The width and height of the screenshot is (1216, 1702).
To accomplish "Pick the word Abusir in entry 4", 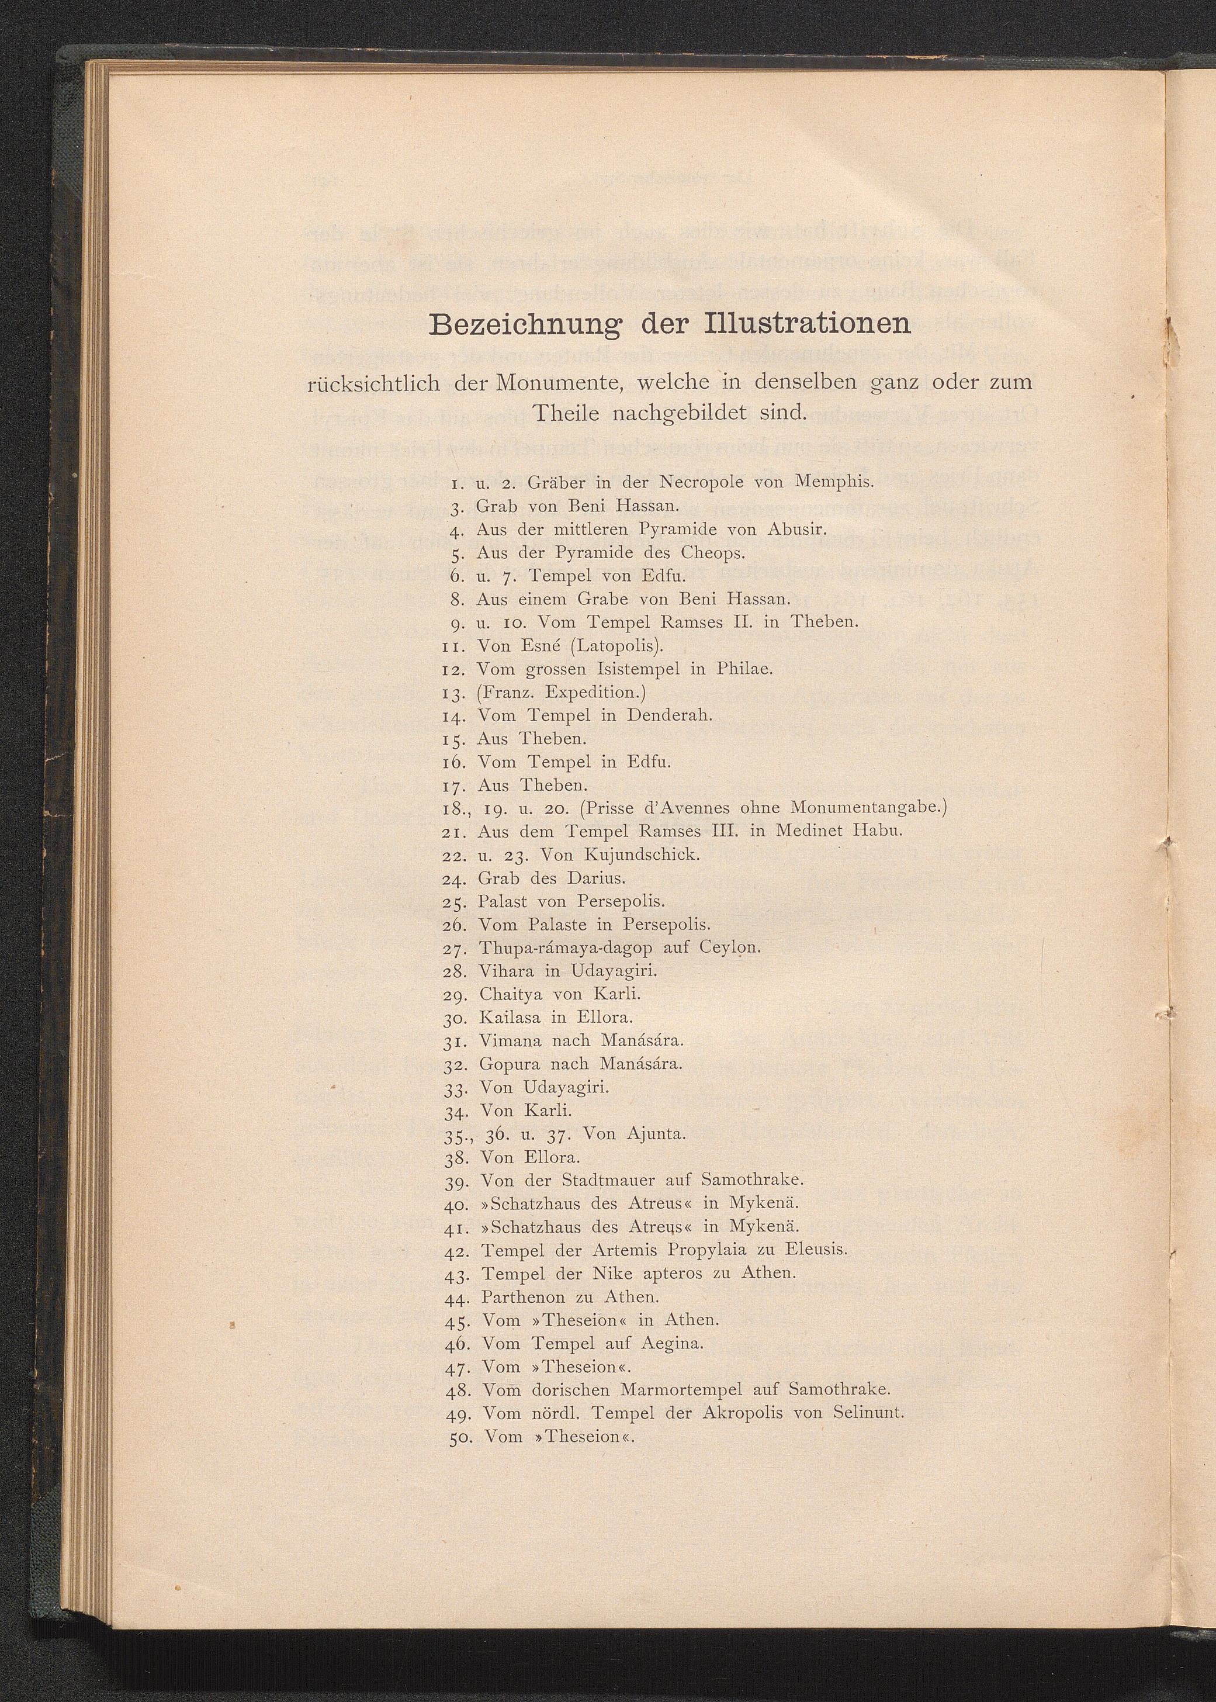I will [796, 528].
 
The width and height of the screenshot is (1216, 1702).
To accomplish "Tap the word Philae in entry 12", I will [744, 668].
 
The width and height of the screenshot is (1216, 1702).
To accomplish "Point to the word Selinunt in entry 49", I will [869, 1412].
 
